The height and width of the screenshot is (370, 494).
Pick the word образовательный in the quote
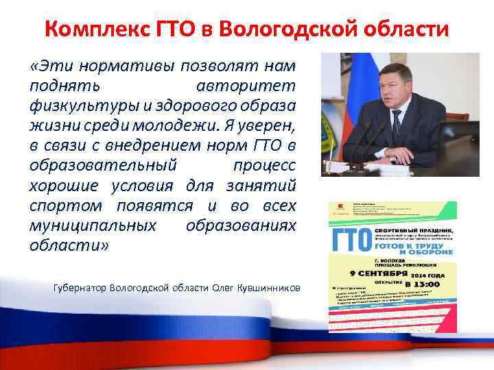click(103, 166)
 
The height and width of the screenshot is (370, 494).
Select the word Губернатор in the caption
click(80, 287)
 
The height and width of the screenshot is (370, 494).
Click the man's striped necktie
click(396, 127)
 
